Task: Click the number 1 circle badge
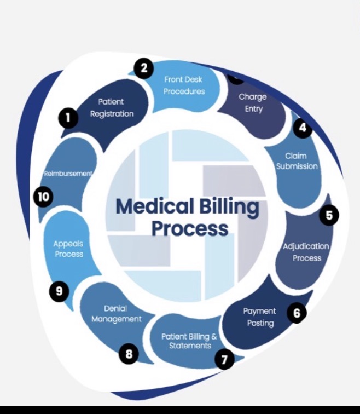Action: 68,118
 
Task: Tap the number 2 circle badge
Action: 143,69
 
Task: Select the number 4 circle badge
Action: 302,128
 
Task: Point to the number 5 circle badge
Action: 329,215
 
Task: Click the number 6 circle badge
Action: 297,313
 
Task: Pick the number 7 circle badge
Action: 224,359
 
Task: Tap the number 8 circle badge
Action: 129,354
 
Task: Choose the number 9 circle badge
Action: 59,291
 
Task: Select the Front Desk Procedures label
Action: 183,85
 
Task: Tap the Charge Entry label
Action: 253,103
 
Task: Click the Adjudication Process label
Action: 306,252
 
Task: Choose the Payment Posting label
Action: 260,317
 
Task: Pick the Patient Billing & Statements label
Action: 189,341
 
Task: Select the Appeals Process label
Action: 68,249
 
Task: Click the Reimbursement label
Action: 68,174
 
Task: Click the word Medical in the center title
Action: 154,206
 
